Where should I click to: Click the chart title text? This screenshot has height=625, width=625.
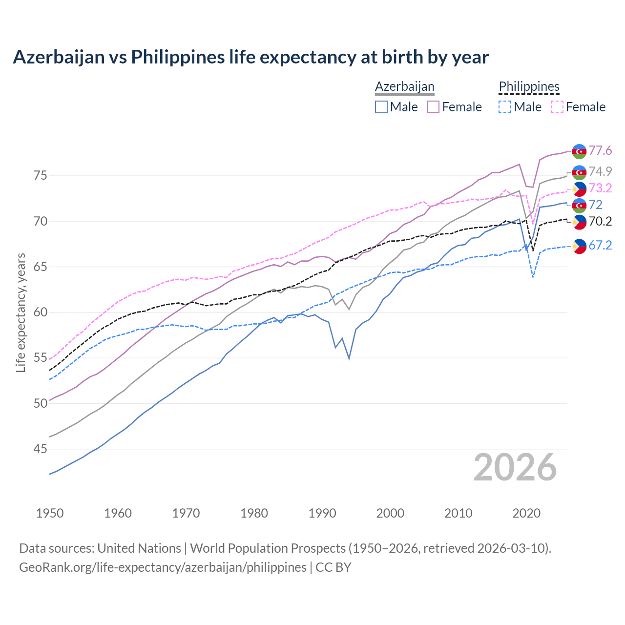pos(250,57)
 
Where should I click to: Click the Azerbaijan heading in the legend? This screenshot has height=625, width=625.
pos(404,86)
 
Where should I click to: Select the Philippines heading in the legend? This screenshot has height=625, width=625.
pos(529,86)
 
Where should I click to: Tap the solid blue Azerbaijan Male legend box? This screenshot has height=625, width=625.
pos(381,107)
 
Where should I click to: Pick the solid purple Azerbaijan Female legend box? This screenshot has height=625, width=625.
pos(433,107)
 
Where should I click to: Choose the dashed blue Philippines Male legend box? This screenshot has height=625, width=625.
pos(505,107)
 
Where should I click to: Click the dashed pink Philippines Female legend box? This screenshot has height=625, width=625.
pos(557,107)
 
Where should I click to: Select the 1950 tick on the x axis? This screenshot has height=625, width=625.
pos(50,513)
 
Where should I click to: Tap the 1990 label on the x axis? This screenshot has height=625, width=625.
pos(322,513)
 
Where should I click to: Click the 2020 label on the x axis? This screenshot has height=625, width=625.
pos(526,513)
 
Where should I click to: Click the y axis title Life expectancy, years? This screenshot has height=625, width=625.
pos(21,312)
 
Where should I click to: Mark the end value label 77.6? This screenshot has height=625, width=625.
pos(600,151)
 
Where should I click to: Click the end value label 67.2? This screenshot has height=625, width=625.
pos(600,246)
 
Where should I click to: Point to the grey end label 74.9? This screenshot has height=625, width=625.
pos(600,171)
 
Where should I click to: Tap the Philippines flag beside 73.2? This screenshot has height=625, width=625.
pos(579,189)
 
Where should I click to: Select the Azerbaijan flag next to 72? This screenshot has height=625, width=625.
pos(579,205)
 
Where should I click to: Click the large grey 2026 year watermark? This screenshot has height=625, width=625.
pos(515,467)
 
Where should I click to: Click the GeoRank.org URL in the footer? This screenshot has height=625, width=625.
pos(163,567)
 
